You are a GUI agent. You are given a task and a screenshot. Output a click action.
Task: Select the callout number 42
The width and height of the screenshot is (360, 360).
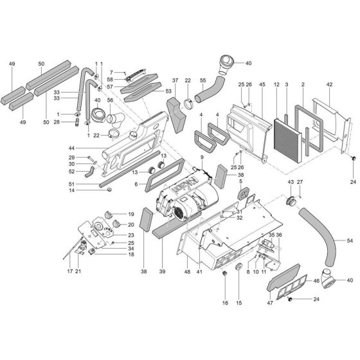(329, 84)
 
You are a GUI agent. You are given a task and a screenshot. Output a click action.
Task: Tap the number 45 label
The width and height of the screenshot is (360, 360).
(262, 84)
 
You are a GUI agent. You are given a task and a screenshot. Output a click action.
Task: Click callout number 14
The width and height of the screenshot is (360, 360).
(89, 191)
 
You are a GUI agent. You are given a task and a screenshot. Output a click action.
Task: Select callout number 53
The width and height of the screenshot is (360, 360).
(168, 92)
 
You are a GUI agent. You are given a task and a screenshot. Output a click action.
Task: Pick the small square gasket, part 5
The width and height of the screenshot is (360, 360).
(246, 190)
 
